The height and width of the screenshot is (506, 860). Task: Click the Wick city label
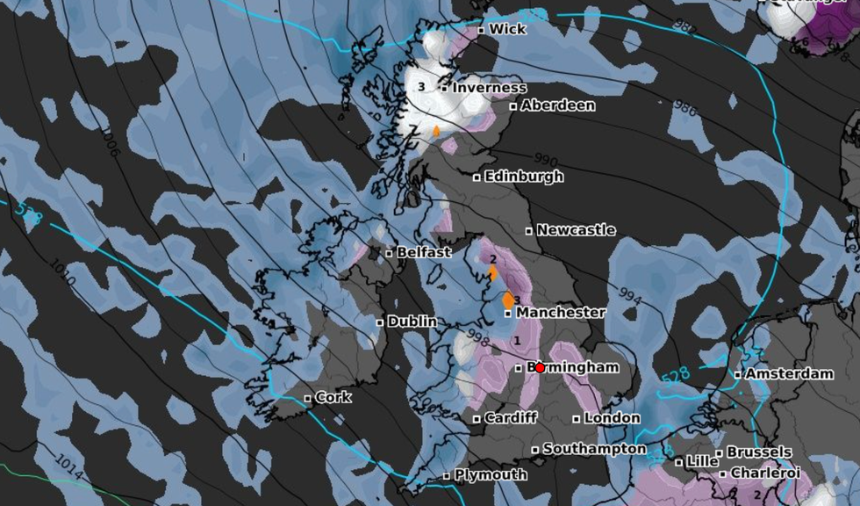[507, 29]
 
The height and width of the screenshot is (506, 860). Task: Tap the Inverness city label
[490, 88]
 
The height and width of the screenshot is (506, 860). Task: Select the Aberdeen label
[558, 105]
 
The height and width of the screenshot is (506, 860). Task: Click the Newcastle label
[576, 230]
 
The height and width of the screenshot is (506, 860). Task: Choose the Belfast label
[424, 252]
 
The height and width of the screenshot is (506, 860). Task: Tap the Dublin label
[412, 322]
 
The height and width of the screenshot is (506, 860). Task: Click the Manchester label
[561, 312]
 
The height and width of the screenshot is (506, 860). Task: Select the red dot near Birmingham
[540, 368]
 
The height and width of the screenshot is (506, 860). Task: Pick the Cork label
[333, 397]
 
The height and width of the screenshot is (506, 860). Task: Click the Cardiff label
[511, 418]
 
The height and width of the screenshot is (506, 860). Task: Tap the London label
[612, 418]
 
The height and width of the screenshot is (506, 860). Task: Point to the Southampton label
[594, 449]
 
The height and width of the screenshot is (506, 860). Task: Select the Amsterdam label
[789, 373]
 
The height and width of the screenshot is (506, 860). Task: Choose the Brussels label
[759, 452]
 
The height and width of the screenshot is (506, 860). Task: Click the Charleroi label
[765, 473]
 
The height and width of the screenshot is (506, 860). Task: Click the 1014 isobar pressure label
[69, 466]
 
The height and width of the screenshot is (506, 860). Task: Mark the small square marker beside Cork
[307, 399]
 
